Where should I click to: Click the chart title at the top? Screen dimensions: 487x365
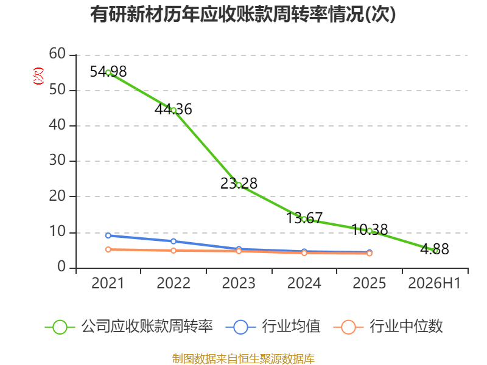[x=243, y=14]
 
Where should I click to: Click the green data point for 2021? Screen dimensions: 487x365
[x=108, y=72]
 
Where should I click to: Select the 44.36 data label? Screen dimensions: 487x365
[x=173, y=109]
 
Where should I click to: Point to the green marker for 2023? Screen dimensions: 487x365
[x=239, y=185]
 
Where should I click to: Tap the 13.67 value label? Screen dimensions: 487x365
[x=304, y=218]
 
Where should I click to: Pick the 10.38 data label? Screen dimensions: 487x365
[x=370, y=230]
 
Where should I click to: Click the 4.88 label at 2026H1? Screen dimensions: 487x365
[x=435, y=249]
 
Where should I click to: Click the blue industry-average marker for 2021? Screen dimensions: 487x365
[x=108, y=235]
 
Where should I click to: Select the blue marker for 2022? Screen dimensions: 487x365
[x=173, y=241]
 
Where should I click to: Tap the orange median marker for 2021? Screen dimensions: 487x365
[x=108, y=249]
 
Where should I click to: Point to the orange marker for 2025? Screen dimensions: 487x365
[x=370, y=254]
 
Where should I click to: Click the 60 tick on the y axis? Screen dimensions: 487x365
[x=57, y=54]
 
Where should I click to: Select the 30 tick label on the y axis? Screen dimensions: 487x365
[x=57, y=160]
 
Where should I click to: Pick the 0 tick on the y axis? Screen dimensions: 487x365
[x=61, y=266]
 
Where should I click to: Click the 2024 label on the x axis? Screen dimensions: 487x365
[x=304, y=283]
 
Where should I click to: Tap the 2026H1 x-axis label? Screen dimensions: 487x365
[x=435, y=283]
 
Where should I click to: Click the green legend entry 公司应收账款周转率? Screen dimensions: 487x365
[x=129, y=327]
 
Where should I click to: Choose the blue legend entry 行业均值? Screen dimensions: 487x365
[x=273, y=327]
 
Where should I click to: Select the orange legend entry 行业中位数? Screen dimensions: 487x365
[x=388, y=327]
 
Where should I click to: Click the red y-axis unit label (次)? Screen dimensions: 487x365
[x=38, y=76]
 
